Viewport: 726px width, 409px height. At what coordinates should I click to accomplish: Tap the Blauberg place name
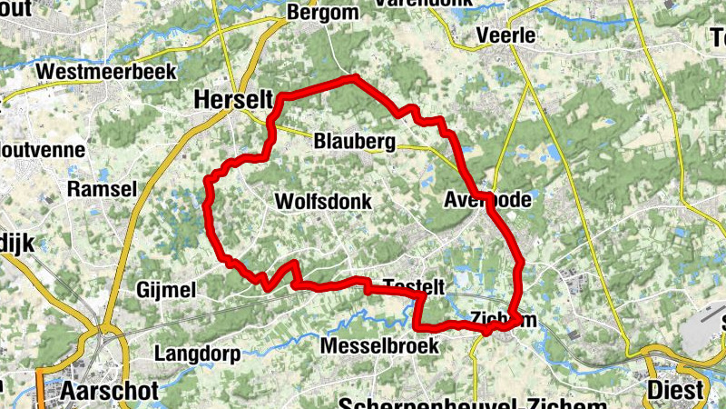click(355, 142)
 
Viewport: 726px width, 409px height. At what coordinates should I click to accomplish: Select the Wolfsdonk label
click(322, 201)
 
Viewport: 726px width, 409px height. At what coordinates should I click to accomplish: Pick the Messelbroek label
click(379, 346)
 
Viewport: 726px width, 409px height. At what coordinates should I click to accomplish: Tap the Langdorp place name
click(196, 353)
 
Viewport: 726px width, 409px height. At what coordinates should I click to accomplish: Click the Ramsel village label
click(102, 189)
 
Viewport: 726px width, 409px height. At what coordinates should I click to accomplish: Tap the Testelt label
click(414, 286)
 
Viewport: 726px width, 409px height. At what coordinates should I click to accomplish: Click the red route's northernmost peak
click(354, 78)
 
